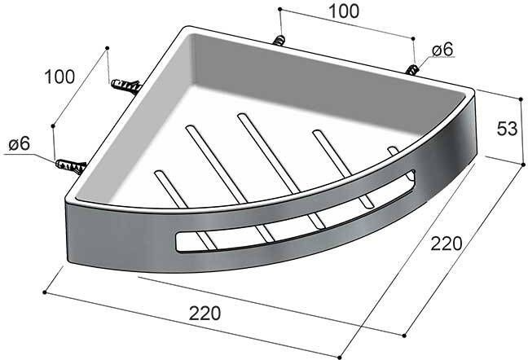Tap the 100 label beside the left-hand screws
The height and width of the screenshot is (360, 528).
[x=59, y=77]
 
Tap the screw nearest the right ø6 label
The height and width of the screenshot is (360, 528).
[x=413, y=68]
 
